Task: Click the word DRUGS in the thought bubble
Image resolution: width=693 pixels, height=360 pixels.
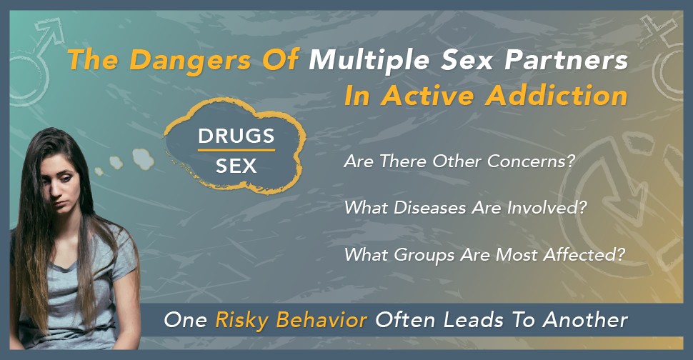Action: point(236,136)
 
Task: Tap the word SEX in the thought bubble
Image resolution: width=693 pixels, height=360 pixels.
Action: point(236,166)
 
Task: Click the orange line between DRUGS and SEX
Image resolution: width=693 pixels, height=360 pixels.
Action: point(236,151)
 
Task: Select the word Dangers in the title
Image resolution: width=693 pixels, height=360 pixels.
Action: point(191,61)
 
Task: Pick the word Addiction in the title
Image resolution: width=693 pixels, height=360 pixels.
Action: point(557,95)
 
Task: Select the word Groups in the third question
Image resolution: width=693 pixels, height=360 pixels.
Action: point(424,255)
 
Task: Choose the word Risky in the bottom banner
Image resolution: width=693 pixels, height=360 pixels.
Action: point(242,321)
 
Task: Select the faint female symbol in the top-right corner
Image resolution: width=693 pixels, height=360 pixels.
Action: point(663,56)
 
